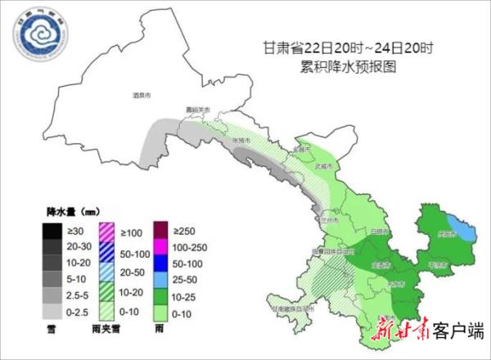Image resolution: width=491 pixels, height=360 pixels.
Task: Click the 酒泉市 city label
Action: coord(142,96)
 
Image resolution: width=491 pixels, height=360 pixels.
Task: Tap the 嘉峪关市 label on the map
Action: coord(197,110)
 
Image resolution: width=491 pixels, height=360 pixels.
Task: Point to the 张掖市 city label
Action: coord(241,140)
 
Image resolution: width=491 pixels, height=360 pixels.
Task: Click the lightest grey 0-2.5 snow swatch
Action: coord(52,311)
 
